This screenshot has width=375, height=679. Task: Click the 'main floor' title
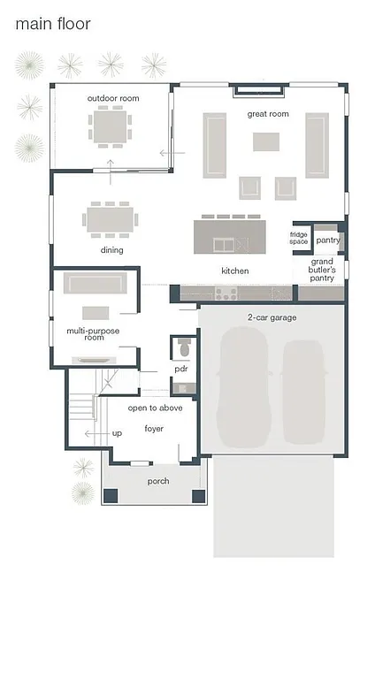point(52,25)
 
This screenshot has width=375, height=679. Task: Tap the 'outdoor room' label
point(110,97)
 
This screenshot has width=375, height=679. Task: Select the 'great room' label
point(267,113)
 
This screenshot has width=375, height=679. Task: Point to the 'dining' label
point(111,250)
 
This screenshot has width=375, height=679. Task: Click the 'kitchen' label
point(234,271)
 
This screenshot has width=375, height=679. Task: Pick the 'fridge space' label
point(299,239)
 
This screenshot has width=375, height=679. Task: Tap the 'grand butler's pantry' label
point(321,270)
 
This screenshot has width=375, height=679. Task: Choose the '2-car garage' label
point(272,317)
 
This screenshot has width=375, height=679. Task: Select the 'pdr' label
point(181,368)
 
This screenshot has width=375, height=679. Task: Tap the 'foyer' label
point(155,429)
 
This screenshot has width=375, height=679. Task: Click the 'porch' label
point(157,481)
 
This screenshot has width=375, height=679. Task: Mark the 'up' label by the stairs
point(117,434)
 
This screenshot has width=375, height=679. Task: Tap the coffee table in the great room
point(266,141)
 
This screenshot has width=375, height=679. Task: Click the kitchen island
point(228,236)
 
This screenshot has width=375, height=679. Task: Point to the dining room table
point(111,217)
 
